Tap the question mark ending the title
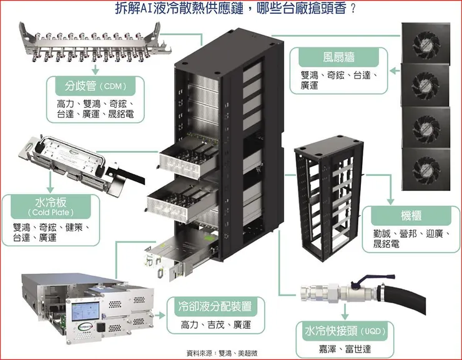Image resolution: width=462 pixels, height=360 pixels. point(355,9)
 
